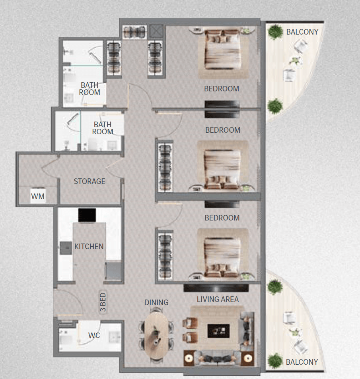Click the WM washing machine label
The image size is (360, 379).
click(38, 196)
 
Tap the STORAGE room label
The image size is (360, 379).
click(90, 181)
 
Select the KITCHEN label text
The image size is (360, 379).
click(89, 246)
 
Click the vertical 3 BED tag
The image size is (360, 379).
click(103, 303)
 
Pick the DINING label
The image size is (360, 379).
click(156, 302)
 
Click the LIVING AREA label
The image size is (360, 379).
click(218, 299)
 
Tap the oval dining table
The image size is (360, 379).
click(156, 333)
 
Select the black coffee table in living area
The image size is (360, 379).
click(218, 331)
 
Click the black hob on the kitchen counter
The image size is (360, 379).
click(87, 215)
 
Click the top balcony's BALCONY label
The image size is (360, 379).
click(302, 32)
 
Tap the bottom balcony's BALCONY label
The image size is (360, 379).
click(302, 362)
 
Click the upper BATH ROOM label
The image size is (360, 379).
click(90, 89)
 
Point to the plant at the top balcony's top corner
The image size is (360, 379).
click(274, 31)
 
